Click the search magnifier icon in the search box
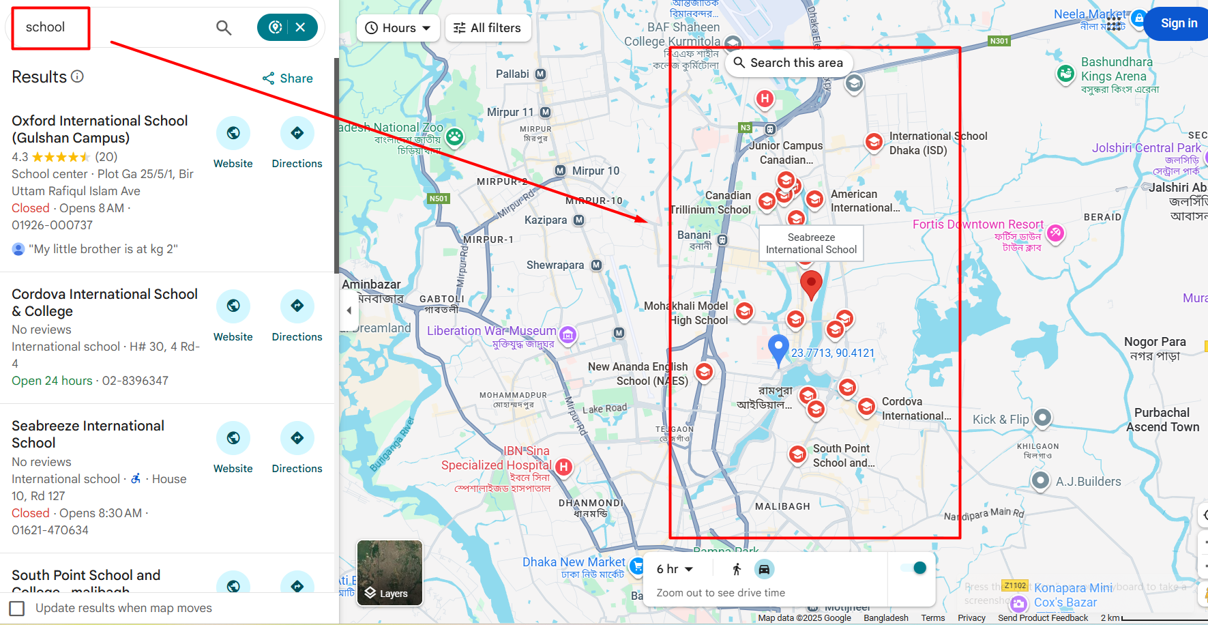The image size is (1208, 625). pos(224,28)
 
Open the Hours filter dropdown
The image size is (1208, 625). pos(398,28)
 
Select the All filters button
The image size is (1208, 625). pos(488,28)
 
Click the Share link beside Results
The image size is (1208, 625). pos(288,78)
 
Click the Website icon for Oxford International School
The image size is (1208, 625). pos(233,133)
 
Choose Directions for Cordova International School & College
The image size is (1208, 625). pos(297,306)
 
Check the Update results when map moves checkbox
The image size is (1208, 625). pos(18,608)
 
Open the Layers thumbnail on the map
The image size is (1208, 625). pos(389,572)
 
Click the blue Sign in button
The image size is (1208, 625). pos(1179,23)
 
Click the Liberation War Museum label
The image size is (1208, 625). pos(491,331)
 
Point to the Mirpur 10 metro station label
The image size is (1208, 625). pos(595,171)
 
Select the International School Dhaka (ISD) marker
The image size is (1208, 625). pos(874,142)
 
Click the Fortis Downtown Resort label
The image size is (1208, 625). pos(977,224)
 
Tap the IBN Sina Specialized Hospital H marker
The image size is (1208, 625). pos(563,467)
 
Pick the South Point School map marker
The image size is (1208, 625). pos(797,454)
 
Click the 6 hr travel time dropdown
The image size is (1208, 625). pos(675,569)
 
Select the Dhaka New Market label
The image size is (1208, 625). pos(573,562)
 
